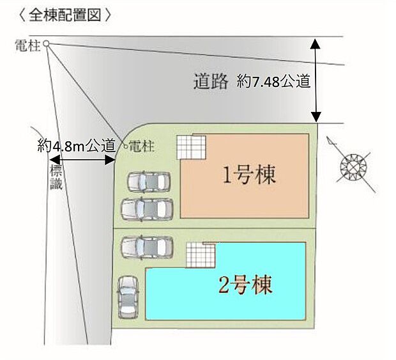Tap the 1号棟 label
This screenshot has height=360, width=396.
coord(249,175)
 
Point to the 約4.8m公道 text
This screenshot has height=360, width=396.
coord(76,146)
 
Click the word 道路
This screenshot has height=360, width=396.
coord(210,82)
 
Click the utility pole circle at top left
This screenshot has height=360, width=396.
coord(46,44)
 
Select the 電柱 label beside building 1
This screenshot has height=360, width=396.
coord(142,146)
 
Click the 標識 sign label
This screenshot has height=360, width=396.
coord(56,177)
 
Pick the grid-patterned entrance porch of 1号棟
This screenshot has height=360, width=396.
coord(191,147)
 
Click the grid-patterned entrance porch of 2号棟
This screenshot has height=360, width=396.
coord(201,256)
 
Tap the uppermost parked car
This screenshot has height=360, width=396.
coord(148,182)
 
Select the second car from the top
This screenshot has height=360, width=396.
coord(147,208)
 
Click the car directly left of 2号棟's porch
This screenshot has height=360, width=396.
coord(147,246)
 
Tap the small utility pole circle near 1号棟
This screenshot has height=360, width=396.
coord(125,145)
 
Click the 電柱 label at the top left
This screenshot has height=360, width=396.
coord(28,45)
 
